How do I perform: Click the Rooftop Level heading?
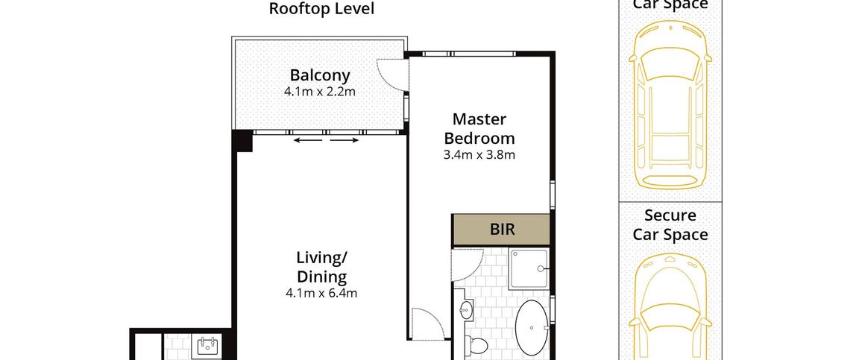pyautogui.click(x=321, y=9)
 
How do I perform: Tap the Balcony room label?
pyautogui.click(x=320, y=75)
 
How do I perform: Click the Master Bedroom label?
pyautogui.click(x=479, y=128)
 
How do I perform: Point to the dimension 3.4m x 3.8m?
pyautogui.click(x=479, y=155)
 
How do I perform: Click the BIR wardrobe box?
pyautogui.click(x=501, y=230)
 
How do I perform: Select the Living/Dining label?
pyautogui.click(x=321, y=266)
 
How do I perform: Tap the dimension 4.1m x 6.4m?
pyautogui.click(x=321, y=294)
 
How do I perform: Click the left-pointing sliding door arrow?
pyautogui.click(x=306, y=141)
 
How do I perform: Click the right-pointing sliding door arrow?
pyautogui.click(x=345, y=141)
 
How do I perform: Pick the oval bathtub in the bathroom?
pyautogui.click(x=532, y=327)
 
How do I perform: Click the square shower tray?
pyautogui.click(x=529, y=268)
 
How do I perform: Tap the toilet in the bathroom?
pyautogui.click(x=478, y=346)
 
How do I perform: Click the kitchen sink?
pyautogui.click(x=209, y=347)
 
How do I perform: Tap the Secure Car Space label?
pyautogui.click(x=670, y=225)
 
